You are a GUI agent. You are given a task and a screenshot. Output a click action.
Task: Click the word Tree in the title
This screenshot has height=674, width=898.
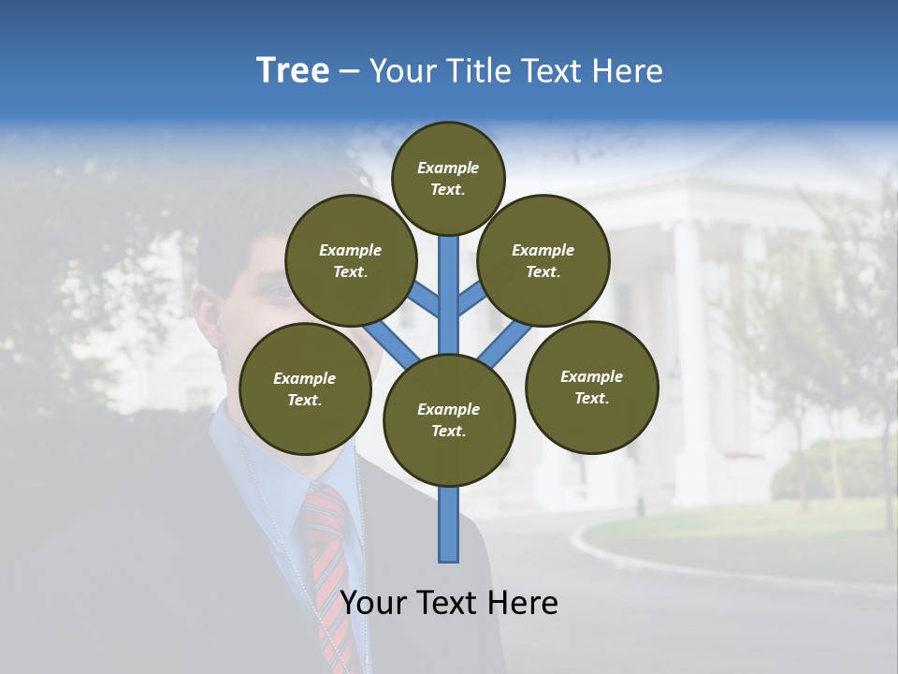(x=293, y=71)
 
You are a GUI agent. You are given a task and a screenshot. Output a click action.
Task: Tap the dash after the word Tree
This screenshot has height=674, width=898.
(x=349, y=72)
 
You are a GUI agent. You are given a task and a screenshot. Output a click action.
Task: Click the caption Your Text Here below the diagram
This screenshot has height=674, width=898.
(x=449, y=603)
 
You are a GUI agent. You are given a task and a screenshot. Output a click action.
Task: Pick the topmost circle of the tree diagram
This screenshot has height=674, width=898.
(x=448, y=178)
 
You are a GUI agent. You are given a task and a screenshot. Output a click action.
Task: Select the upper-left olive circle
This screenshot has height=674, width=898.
(x=351, y=260)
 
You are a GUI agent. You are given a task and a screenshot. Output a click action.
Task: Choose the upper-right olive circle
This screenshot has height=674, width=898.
(x=543, y=260)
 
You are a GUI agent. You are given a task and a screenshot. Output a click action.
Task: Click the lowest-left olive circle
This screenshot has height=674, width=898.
(x=305, y=388)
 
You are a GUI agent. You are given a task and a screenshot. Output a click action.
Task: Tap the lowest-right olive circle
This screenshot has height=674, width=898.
(x=591, y=387)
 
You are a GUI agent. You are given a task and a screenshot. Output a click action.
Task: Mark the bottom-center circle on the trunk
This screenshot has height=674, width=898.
(x=449, y=419)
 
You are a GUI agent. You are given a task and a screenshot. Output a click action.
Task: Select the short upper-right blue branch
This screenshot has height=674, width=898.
(x=472, y=298)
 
